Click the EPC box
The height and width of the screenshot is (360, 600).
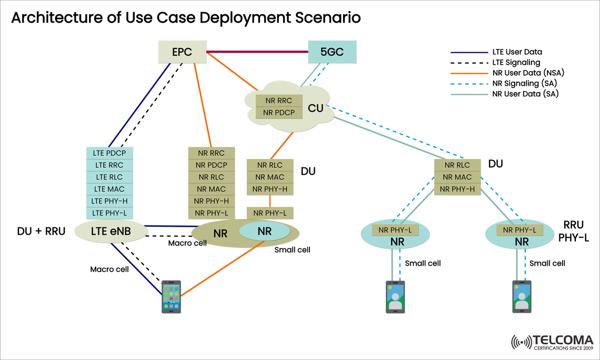(182, 52)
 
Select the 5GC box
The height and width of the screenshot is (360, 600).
(332, 52)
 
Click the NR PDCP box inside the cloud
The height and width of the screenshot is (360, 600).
(278, 112)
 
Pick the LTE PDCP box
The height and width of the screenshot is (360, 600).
(109, 153)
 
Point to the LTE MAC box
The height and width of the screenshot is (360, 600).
(109, 189)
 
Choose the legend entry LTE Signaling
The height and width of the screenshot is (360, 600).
(515, 63)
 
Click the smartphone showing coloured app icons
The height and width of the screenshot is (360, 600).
(171, 297)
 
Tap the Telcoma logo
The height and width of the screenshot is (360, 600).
(552, 342)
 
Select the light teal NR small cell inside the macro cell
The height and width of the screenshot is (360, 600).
(264, 231)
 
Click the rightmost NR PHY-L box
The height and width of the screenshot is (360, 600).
(519, 229)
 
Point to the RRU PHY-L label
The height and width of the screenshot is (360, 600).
(573, 230)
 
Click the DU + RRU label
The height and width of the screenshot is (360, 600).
(41, 231)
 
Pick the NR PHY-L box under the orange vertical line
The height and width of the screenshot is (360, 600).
(270, 213)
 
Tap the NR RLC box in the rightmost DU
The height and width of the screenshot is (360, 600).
(457, 165)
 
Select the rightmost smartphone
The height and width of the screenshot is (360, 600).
(522, 297)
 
